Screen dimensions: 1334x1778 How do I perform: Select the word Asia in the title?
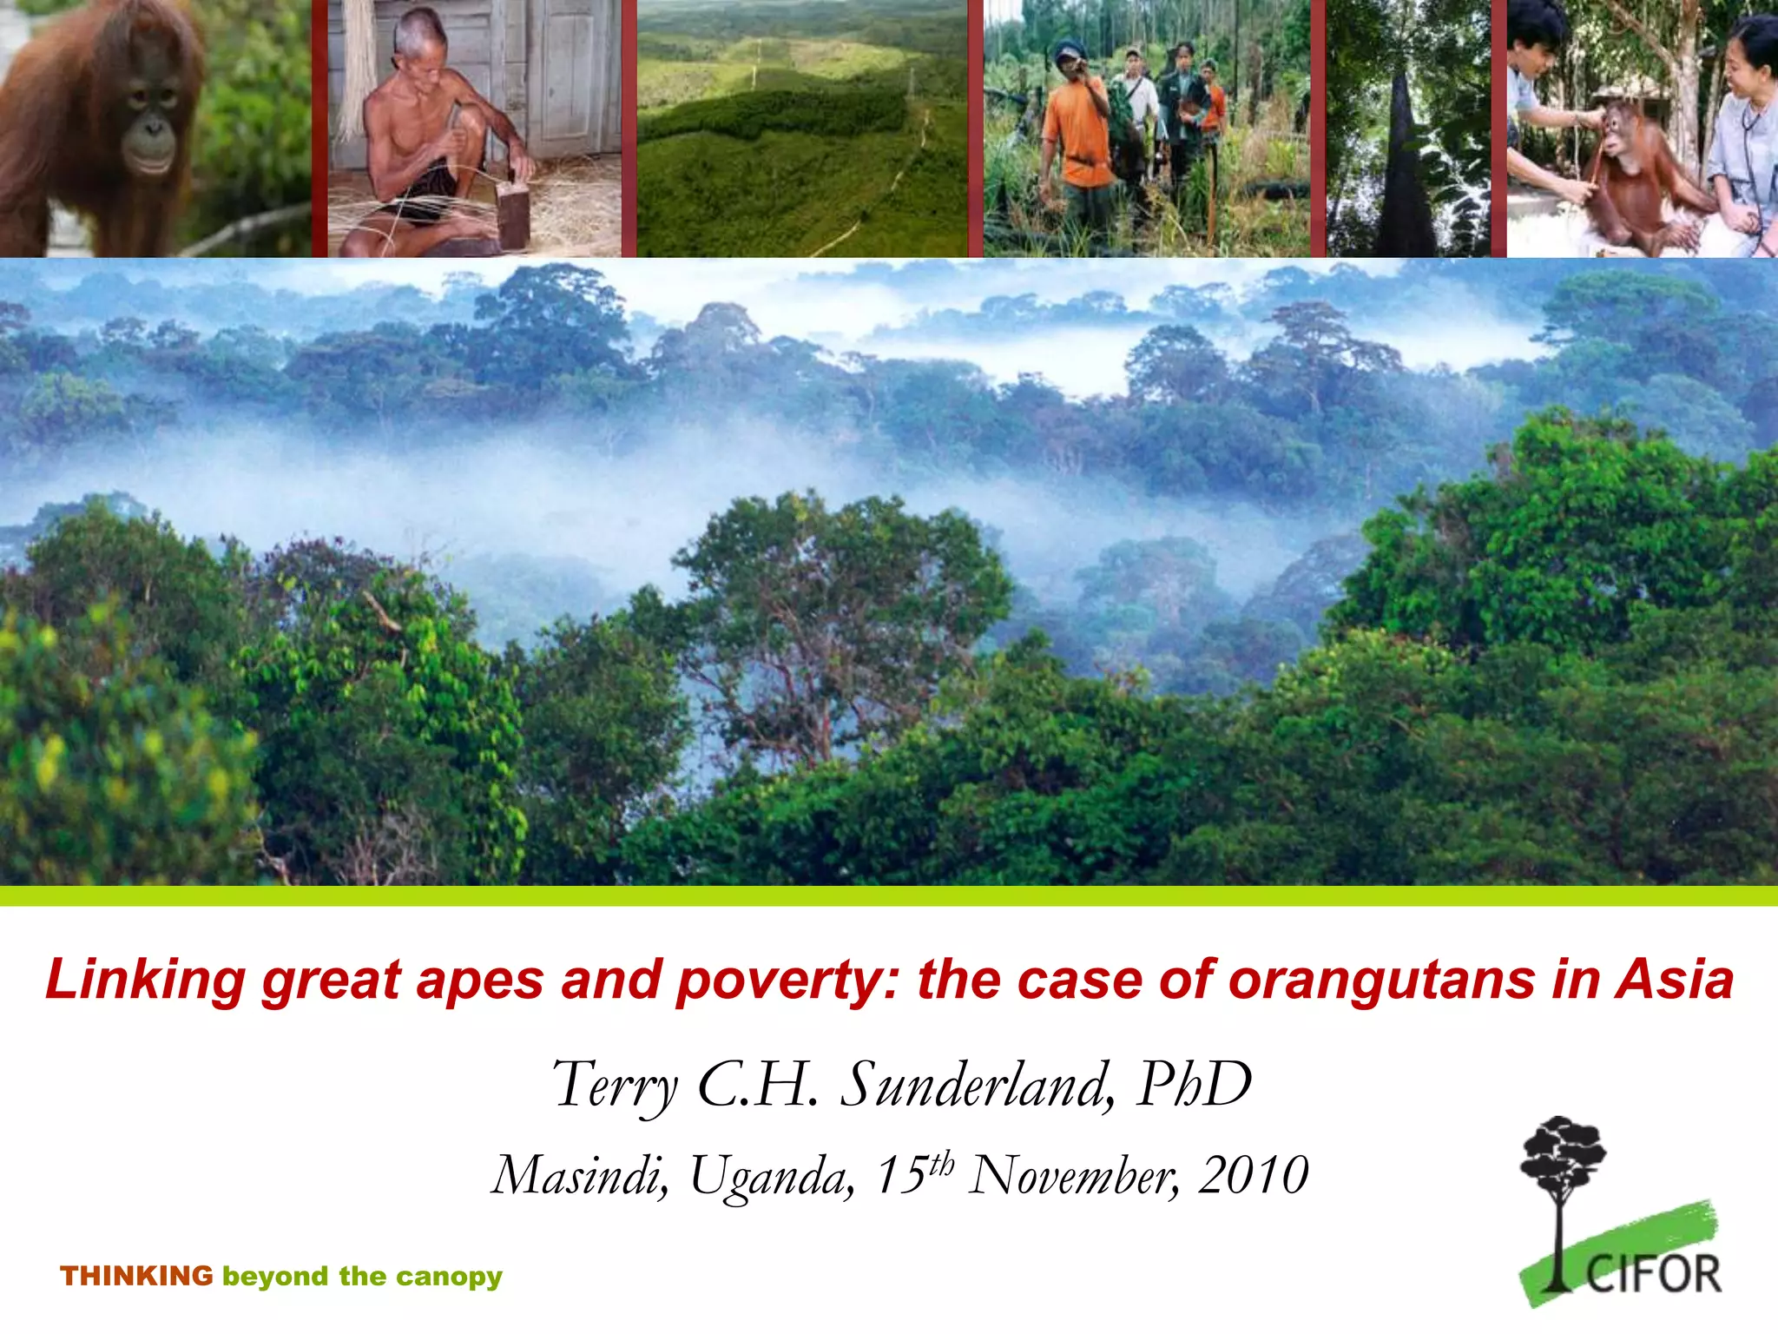1674,980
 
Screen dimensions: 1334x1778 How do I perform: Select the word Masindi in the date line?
579,1176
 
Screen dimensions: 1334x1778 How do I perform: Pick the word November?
1073,1176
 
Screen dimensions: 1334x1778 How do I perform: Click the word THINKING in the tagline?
136,1276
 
